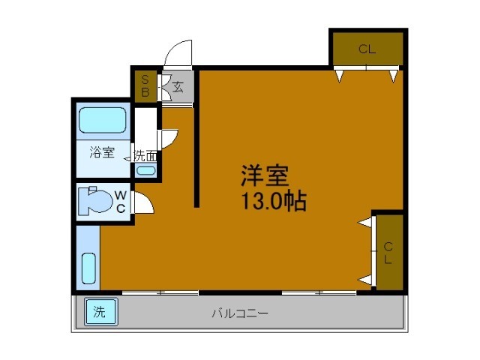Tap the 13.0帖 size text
click(x=273, y=201)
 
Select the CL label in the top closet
click(x=366, y=50)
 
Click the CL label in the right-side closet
click(x=388, y=253)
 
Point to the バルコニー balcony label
click(x=239, y=313)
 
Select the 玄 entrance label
click(x=178, y=86)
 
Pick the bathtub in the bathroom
click(x=103, y=120)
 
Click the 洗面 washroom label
click(x=145, y=156)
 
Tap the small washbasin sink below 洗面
click(x=146, y=170)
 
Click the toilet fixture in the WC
click(x=93, y=200)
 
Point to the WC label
click(x=120, y=202)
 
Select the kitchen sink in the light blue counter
click(x=88, y=269)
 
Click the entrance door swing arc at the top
click(x=178, y=52)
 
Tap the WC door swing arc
click(x=145, y=203)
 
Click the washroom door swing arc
click(x=169, y=138)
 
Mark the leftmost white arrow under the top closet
click(x=340, y=75)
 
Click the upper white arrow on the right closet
click(x=364, y=223)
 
